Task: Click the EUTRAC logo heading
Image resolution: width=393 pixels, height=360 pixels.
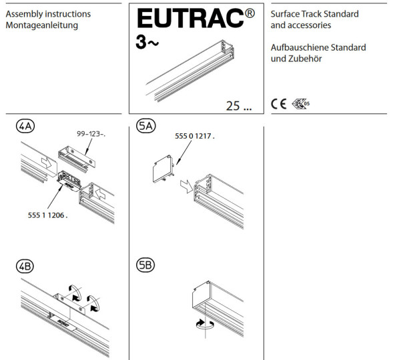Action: [190, 18]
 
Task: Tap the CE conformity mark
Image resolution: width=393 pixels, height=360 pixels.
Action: [278, 103]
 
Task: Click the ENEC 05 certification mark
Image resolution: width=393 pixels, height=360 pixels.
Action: [301, 103]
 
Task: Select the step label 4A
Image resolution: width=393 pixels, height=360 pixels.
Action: [25, 126]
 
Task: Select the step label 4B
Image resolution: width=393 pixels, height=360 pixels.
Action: [25, 266]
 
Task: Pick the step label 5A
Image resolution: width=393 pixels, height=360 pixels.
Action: [146, 126]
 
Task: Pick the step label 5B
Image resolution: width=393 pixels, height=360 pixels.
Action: [145, 265]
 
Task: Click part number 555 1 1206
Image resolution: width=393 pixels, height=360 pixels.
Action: [47, 215]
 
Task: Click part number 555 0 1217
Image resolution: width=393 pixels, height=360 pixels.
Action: [195, 136]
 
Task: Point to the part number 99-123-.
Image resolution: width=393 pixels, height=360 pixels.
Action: [91, 134]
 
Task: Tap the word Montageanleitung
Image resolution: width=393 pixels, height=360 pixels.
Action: [42, 25]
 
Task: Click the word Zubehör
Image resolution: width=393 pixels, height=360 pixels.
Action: [305, 59]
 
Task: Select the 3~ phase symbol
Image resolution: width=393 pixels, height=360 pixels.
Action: [147, 42]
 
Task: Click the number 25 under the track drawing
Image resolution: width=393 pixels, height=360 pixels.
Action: [233, 106]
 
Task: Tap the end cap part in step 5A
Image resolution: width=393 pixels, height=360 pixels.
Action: [163, 169]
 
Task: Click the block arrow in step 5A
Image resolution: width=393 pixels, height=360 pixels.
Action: [186, 186]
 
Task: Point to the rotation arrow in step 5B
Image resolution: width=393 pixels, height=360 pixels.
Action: [205, 324]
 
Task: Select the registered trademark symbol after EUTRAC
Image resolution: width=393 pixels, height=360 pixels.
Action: [250, 13]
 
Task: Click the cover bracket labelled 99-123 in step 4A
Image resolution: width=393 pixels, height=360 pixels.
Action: [77, 159]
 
